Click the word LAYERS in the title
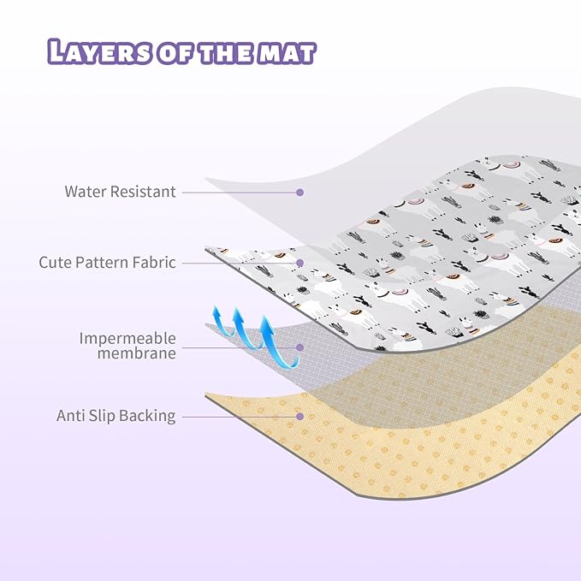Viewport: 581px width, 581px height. click(x=99, y=51)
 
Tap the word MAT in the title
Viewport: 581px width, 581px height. click(x=287, y=53)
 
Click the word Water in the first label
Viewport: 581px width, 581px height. click(x=86, y=192)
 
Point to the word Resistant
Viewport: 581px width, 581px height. click(x=143, y=192)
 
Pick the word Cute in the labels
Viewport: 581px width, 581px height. click(x=56, y=263)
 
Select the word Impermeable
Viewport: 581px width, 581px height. click(x=127, y=338)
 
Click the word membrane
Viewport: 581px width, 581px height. click(x=136, y=353)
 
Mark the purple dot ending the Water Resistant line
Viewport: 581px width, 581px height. click(x=300, y=192)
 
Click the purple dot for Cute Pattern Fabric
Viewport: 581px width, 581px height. click(x=300, y=263)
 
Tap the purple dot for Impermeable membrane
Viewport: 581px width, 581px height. click(x=300, y=347)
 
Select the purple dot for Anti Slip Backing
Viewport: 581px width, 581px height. click(x=300, y=417)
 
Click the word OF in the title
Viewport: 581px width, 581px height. click(x=175, y=53)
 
